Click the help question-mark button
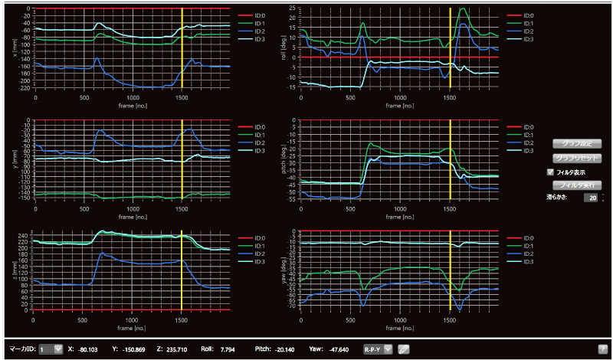click(603, 349)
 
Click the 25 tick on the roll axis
click(292, 8)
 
